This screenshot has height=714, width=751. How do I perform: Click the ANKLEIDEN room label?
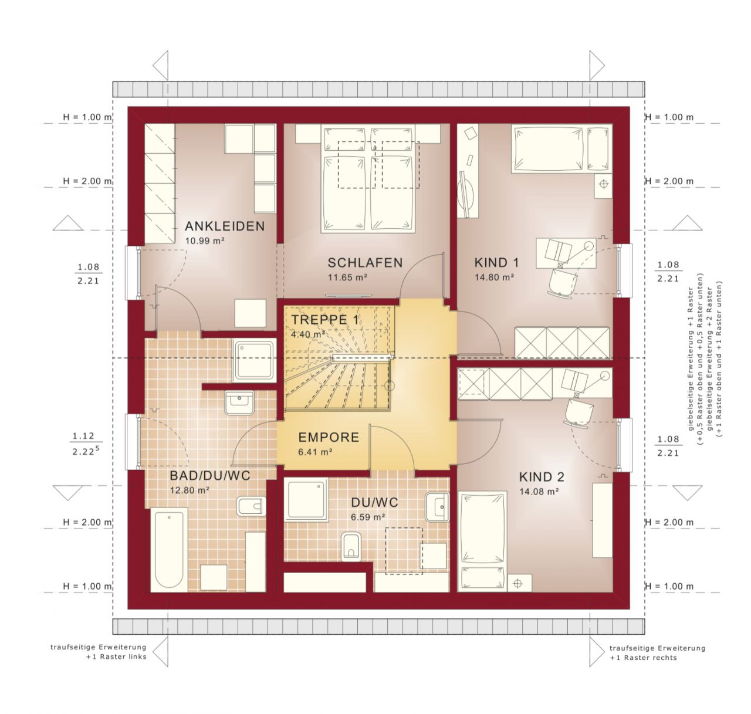(x=225, y=226)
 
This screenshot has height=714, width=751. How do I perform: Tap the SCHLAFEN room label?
(x=365, y=262)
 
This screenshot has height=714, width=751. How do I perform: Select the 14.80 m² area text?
(x=495, y=278)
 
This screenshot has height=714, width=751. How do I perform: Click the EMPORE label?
(x=329, y=437)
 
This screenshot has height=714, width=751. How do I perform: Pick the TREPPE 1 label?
(x=324, y=320)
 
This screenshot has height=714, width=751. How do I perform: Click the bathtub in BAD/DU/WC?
(x=169, y=550)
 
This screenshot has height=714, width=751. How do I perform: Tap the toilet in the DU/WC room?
(x=351, y=546)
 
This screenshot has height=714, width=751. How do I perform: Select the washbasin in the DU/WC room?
(x=437, y=506)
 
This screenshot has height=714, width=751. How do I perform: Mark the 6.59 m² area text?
(x=368, y=517)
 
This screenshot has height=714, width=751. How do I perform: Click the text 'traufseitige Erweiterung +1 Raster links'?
(x=99, y=652)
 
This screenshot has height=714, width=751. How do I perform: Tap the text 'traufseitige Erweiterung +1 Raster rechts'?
(x=657, y=653)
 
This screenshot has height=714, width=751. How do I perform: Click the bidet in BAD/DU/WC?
(x=251, y=506)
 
